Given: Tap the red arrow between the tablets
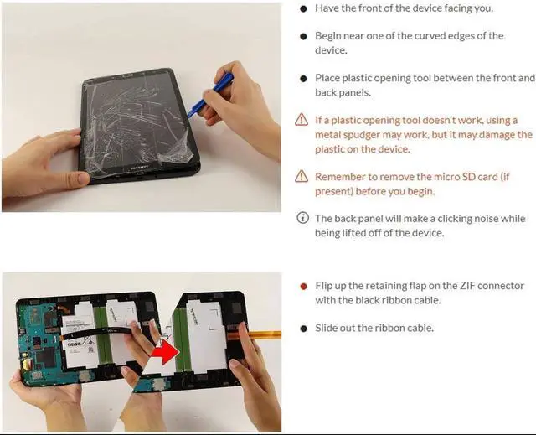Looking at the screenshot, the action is [x=165, y=351].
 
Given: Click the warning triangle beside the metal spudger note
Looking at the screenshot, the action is [x=301, y=120].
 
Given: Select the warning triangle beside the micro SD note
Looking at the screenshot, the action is [x=301, y=176].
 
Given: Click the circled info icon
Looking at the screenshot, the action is [x=302, y=218].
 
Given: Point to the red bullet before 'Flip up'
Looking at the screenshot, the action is [x=303, y=287].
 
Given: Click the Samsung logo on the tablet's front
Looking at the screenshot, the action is [x=138, y=168].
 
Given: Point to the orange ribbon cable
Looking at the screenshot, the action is [x=254, y=334].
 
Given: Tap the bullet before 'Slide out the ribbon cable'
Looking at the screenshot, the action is [x=303, y=329].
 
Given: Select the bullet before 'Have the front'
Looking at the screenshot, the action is [x=303, y=9].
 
